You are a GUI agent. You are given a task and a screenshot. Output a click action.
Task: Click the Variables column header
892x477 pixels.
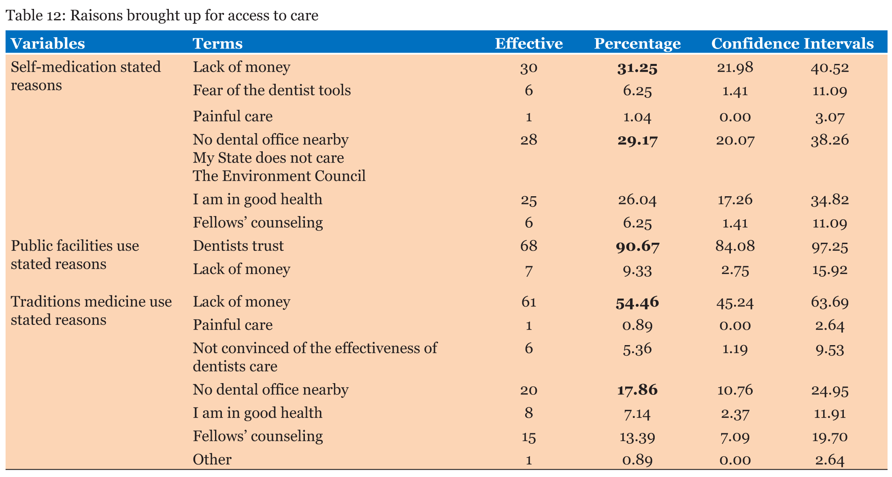pos(48,44)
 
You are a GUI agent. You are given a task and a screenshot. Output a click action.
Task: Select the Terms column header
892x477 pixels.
pos(217,44)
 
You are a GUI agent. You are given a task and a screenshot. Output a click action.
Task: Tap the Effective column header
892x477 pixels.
pos(528,44)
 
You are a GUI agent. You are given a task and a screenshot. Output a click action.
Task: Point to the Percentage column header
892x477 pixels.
pos(637,44)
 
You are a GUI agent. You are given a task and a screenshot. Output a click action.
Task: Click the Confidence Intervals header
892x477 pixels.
pos(792,44)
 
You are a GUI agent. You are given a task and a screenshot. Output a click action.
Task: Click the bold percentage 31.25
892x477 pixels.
pos(637,68)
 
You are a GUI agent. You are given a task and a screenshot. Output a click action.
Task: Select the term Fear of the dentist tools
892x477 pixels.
pos(272,90)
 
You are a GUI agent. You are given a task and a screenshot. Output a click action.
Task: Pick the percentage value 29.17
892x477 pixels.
pos(637,140)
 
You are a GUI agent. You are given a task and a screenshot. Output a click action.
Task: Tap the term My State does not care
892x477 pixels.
pos(268,158)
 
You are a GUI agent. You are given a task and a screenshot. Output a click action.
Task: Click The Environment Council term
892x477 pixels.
pos(279,176)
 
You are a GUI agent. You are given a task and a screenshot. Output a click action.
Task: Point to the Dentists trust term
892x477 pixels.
pos(238,246)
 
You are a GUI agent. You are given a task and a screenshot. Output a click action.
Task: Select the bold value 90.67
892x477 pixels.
pos(637,246)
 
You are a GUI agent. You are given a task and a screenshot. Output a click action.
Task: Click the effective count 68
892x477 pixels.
pos(528,246)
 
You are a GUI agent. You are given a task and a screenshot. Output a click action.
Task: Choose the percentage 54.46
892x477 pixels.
pos(637,303)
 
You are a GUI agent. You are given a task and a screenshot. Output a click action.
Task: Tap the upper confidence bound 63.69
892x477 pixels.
pos(830,302)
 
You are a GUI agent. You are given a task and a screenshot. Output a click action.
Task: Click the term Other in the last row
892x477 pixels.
pos(212,460)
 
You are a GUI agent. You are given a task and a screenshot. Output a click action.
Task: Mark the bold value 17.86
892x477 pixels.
pos(637,390)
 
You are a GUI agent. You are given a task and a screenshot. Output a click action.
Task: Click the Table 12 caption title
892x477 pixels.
pos(162,15)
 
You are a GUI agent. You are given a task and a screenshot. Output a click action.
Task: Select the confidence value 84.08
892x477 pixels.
pos(735,246)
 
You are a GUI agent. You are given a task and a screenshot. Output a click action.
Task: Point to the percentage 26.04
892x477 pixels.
pos(637,200)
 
